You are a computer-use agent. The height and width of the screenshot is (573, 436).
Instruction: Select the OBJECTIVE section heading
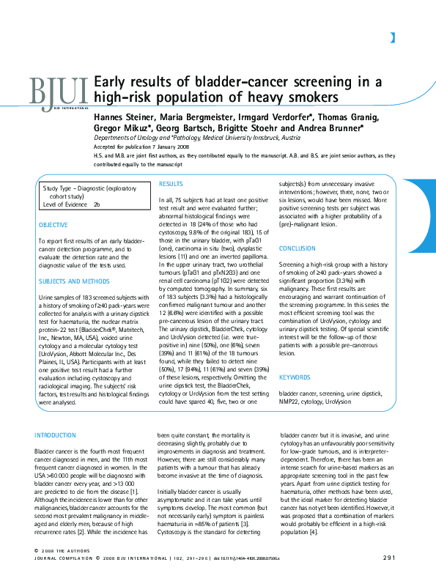coord(53,224)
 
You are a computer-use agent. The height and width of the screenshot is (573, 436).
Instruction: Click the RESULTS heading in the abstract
coord(171,184)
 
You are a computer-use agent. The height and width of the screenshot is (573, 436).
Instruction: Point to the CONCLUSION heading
coord(297,248)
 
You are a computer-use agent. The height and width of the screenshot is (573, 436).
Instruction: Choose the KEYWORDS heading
coord(295,377)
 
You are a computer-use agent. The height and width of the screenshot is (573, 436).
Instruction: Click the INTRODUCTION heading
coord(55,435)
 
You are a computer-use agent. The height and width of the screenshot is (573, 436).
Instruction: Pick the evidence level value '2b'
coord(97,204)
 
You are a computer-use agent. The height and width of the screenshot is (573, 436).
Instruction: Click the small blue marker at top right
coord(393,37)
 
